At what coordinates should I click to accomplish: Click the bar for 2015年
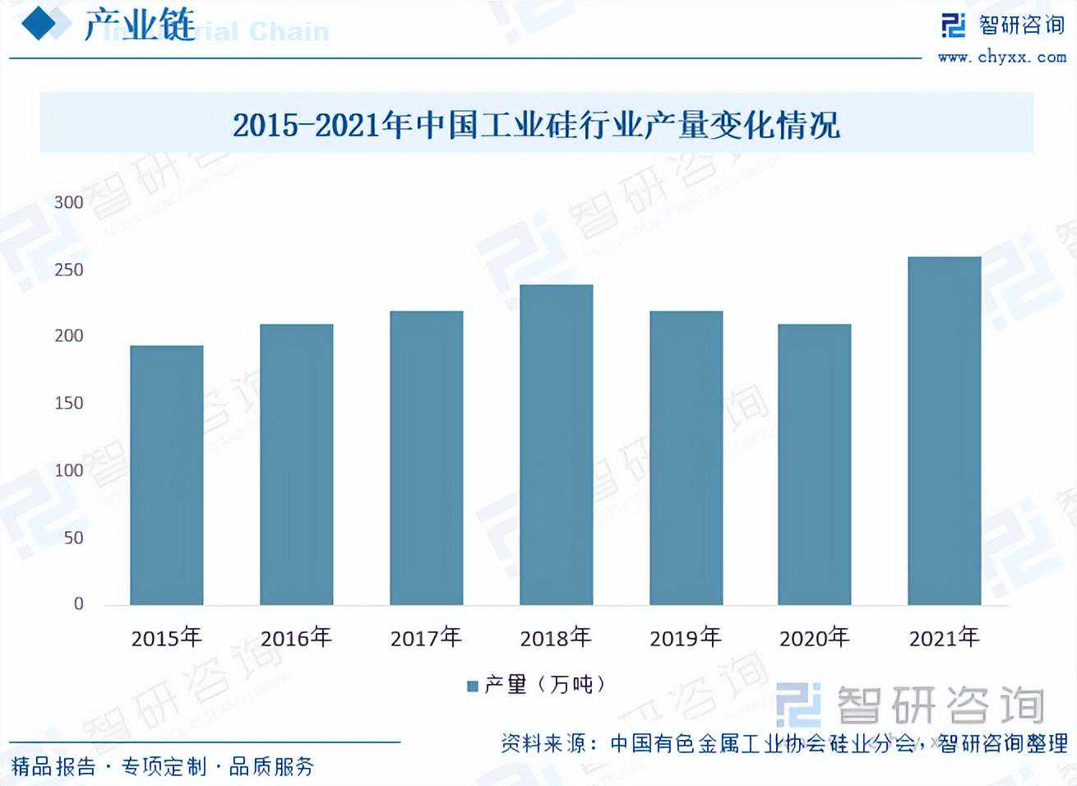166,475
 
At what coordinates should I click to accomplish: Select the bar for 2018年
556,445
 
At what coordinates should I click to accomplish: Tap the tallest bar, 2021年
944,431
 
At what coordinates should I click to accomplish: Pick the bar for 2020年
814,465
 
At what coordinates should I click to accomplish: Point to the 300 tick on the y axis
69,202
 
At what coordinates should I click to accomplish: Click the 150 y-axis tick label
69,403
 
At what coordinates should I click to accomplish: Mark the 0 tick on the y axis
78,604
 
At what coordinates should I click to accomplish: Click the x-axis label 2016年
296,638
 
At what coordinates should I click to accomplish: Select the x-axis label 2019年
685,638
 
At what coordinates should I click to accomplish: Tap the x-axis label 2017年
426,638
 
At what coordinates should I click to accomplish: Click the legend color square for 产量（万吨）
473,686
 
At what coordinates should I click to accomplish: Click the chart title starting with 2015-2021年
536,125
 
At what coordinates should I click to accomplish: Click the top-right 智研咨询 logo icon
954,25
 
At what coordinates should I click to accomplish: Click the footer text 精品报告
54,767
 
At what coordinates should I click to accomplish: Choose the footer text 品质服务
272,767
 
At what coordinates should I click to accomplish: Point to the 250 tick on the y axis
69,270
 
